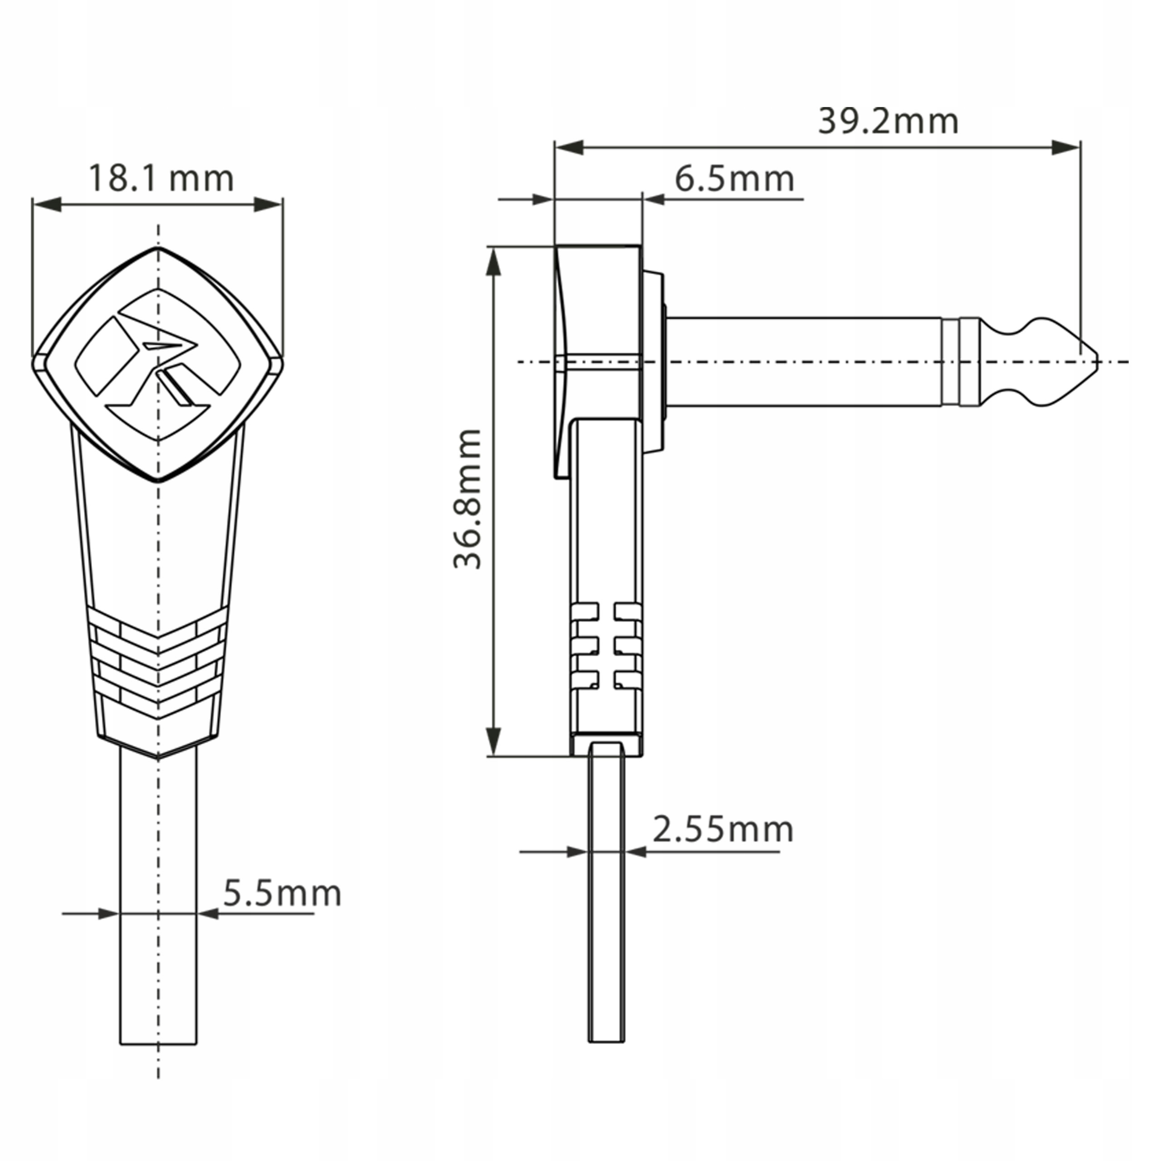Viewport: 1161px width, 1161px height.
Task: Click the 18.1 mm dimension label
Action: (x=161, y=179)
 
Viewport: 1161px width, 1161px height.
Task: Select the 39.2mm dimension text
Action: (x=888, y=122)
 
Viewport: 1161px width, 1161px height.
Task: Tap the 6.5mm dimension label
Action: (x=734, y=179)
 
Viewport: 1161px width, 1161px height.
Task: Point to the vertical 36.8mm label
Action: (x=468, y=499)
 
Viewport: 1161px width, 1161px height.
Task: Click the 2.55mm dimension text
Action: (x=723, y=830)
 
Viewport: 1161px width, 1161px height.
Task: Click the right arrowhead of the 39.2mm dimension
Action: (x=1066, y=147)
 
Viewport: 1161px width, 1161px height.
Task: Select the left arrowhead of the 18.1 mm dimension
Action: (x=47, y=205)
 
